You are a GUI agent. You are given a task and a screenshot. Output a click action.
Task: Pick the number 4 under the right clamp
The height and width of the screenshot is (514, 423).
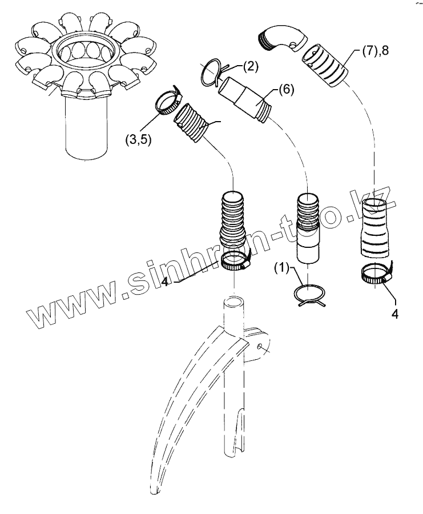[x=394, y=313]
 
